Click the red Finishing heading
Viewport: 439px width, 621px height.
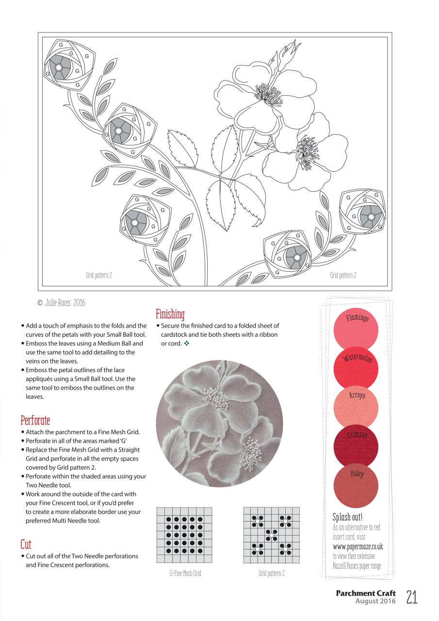pyautogui.click(x=170, y=314)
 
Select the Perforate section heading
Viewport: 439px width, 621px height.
pyautogui.click(x=35, y=420)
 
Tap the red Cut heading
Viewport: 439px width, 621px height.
pyautogui.click(x=26, y=544)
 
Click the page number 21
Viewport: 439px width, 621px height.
pyautogui.click(x=411, y=597)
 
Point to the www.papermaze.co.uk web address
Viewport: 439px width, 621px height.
pyautogui.click(x=357, y=547)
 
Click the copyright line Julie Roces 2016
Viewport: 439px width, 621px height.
pyautogui.click(x=61, y=303)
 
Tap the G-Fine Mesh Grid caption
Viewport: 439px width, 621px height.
pyautogui.click(x=185, y=573)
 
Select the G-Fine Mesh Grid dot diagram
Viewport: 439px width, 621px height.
pyautogui.click(x=184, y=535)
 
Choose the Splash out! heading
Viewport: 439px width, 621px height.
pyautogui.click(x=347, y=517)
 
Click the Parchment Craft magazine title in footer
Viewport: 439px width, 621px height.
pyautogui.click(x=365, y=593)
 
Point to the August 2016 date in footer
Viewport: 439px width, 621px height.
pyautogui.click(x=375, y=601)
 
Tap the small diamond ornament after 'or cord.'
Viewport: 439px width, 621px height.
pyautogui.click(x=186, y=343)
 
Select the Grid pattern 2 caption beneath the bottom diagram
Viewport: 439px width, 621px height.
pyautogui.click(x=271, y=573)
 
